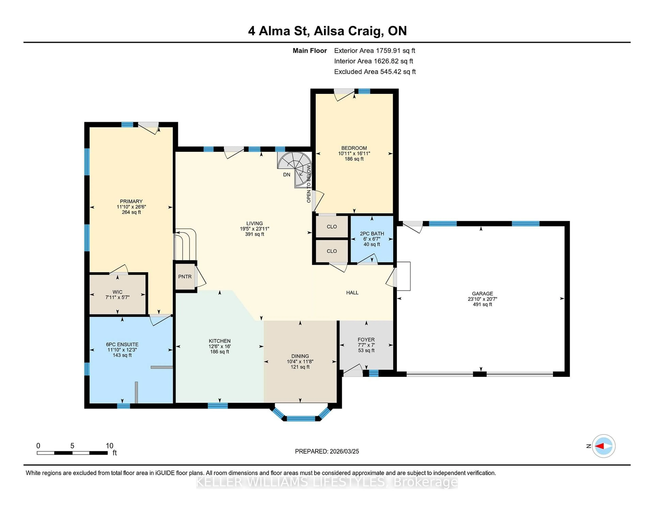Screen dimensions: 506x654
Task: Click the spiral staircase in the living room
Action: pos(295,169)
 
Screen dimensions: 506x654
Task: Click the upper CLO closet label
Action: pos(331,227)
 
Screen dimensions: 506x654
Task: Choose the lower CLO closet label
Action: pos(331,251)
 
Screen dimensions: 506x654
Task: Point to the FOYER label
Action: pos(366,340)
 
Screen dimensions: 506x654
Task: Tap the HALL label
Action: pos(352,293)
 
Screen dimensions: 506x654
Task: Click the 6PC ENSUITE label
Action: pos(122,344)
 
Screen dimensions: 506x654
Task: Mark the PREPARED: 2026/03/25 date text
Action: pos(327,451)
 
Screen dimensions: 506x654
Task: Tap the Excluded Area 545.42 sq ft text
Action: pos(375,72)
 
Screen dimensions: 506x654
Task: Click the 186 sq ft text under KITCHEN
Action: pos(220,352)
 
